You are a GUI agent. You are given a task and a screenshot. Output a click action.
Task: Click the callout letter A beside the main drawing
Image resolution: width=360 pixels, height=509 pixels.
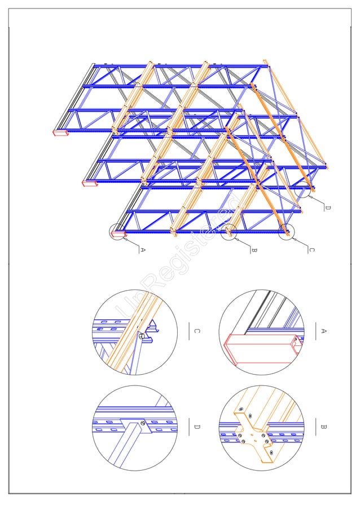[142, 249]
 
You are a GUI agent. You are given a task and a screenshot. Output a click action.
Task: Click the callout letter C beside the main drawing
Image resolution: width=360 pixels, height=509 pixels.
[311, 249]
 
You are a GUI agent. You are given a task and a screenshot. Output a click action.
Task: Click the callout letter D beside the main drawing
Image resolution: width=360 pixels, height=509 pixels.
[327, 208]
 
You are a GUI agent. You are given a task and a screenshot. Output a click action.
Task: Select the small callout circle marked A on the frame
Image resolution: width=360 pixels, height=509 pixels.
[119, 232]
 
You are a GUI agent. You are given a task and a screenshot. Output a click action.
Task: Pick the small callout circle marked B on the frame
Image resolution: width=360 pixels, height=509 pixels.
[229, 232]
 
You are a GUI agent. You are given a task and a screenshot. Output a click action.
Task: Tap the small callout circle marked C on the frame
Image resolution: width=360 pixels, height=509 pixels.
[287, 231]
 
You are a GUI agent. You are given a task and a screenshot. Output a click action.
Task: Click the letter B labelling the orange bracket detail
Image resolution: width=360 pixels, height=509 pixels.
[323, 427]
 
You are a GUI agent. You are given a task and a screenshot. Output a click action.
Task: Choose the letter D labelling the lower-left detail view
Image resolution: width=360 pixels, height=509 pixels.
[196, 427]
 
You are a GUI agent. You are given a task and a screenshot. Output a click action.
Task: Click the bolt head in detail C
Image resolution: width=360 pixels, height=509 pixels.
[142, 336]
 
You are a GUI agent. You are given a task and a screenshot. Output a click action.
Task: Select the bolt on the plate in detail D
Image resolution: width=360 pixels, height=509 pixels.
[143, 423]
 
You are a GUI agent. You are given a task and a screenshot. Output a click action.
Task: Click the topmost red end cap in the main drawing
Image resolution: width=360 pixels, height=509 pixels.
[59, 133]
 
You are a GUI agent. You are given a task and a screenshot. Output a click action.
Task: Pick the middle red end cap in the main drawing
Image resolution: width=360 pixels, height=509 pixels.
[89, 183]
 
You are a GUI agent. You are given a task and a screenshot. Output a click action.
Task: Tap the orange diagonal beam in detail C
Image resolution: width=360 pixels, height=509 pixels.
[130, 333]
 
